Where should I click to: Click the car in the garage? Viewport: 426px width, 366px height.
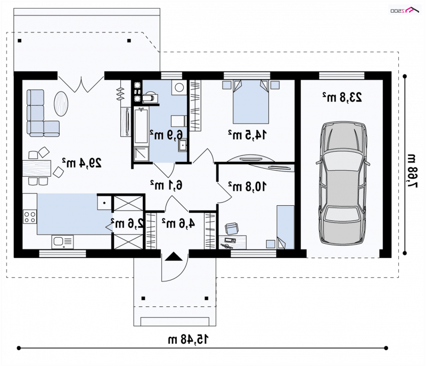click(x=343, y=184)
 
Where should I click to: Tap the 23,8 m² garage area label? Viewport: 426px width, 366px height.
click(x=342, y=97)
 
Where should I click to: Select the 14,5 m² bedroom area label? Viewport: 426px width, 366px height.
click(x=247, y=135)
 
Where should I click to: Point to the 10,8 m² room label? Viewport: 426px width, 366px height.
click(x=247, y=187)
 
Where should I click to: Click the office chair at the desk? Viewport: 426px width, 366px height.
click(x=232, y=228)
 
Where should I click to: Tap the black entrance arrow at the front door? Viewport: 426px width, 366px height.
click(x=174, y=256)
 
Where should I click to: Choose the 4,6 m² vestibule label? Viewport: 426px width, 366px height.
click(x=178, y=223)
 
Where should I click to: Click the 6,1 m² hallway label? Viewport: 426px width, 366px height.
click(x=166, y=185)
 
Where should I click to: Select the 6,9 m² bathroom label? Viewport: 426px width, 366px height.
click(x=166, y=135)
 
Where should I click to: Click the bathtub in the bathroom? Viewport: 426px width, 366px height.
click(x=141, y=125)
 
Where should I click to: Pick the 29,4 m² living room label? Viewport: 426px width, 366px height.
click(x=82, y=163)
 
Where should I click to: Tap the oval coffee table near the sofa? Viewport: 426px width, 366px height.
click(x=61, y=104)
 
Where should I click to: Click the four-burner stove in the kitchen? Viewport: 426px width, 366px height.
click(x=30, y=217)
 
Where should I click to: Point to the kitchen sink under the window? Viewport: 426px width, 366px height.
click(x=62, y=242)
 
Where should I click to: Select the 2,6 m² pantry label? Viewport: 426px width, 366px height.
click(x=127, y=223)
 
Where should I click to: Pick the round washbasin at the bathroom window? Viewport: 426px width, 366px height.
click(x=179, y=87)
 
